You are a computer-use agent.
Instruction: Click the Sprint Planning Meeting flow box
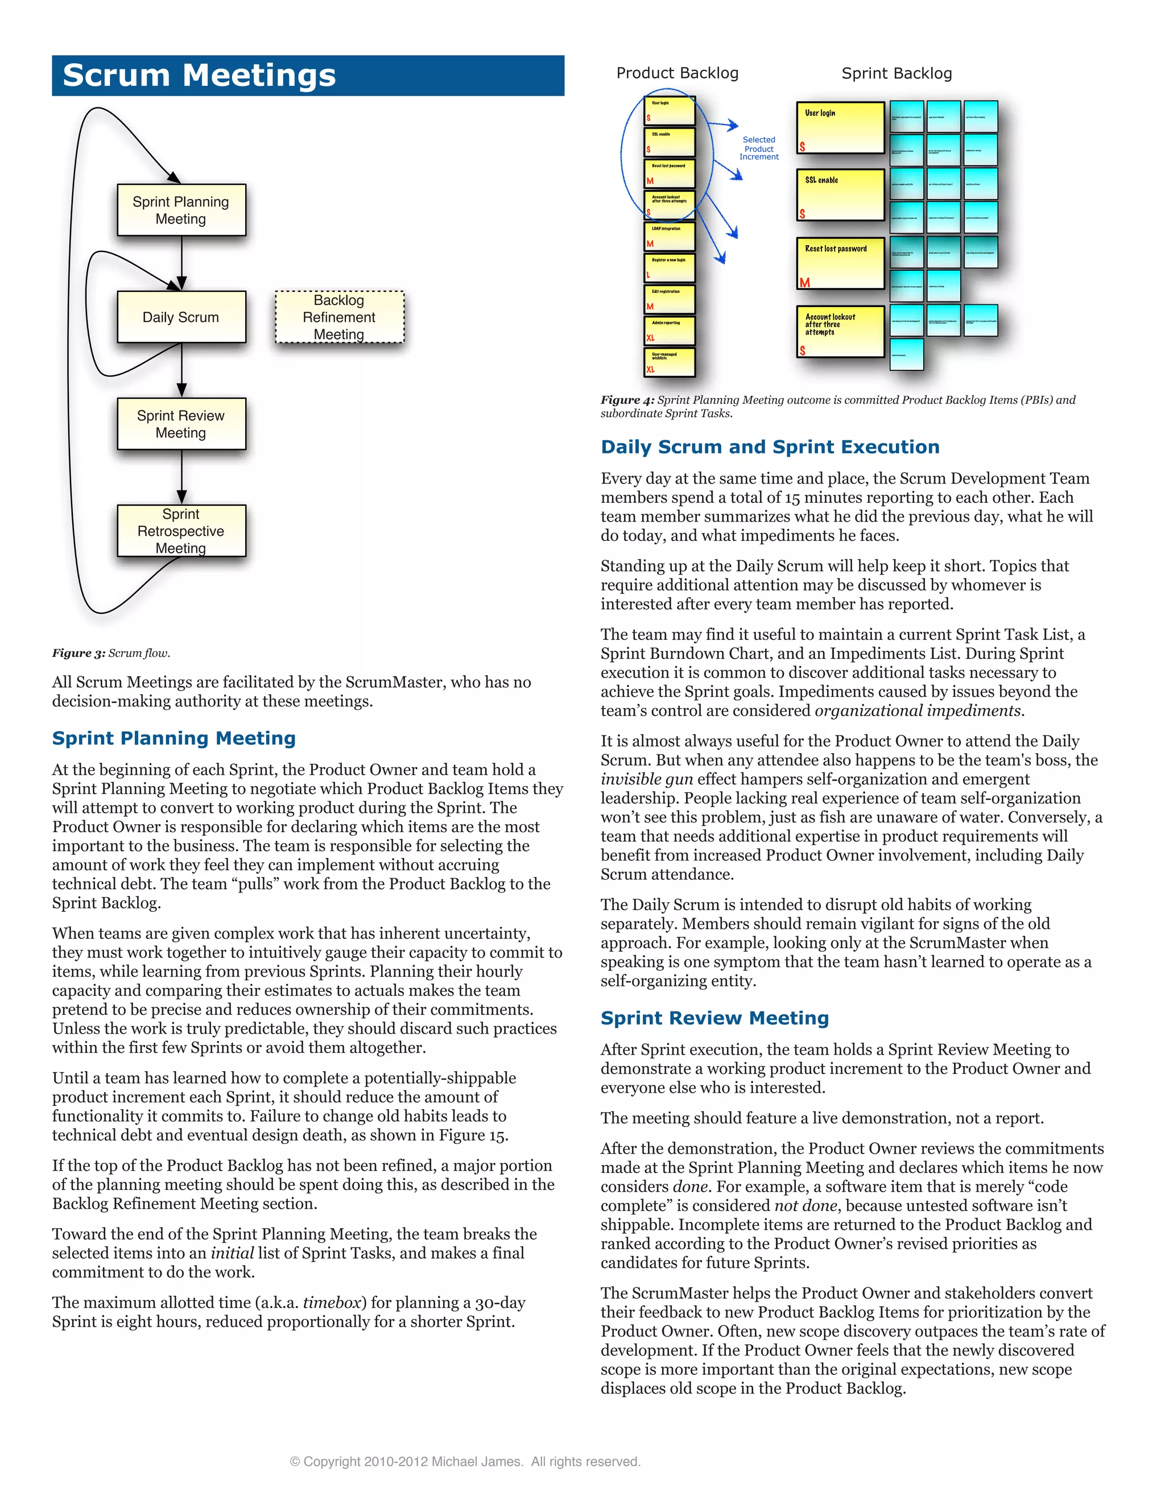(x=181, y=210)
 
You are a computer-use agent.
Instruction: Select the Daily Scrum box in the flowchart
(x=181, y=317)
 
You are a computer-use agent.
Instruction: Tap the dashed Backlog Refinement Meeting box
(x=339, y=317)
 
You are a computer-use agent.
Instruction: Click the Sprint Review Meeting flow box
(x=181, y=424)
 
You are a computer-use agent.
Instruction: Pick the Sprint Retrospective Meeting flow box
(x=181, y=530)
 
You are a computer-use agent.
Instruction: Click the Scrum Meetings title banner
(x=308, y=75)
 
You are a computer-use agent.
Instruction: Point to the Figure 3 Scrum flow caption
(x=110, y=652)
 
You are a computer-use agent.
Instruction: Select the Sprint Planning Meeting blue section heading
(x=174, y=738)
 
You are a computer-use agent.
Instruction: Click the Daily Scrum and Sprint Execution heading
(x=769, y=447)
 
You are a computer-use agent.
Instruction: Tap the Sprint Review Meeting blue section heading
(x=714, y=1018)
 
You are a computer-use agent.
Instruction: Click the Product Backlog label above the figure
(x=677, y=73)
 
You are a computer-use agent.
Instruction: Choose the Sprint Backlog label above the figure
(x=897, y=73)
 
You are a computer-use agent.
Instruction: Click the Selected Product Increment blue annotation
(x=758, y=148)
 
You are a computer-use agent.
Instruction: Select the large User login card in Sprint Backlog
(x=840, y=129)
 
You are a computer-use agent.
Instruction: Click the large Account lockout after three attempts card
(x=840, y=332)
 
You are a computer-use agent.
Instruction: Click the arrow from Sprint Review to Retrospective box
(x=181, y=477)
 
